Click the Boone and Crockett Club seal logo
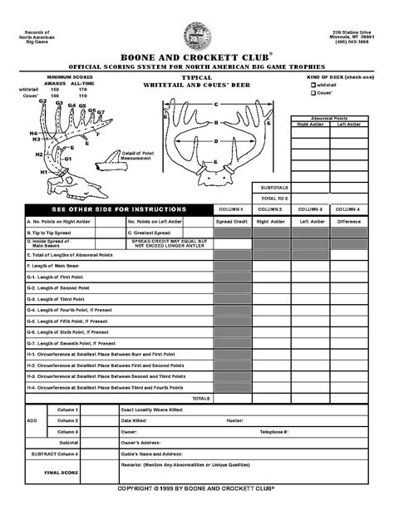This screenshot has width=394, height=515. [x=197, y=36]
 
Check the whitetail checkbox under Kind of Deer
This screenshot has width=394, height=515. [x=313, y=85]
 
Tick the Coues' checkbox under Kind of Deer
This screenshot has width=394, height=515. [x=313, y=93]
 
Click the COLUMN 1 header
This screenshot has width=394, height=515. [x=229, y=209]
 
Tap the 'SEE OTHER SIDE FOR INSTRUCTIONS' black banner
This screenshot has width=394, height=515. [x=119, y=209]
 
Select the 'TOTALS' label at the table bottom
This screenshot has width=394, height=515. [x=200, y=398]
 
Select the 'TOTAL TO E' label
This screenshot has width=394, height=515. [x=274, y=199]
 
